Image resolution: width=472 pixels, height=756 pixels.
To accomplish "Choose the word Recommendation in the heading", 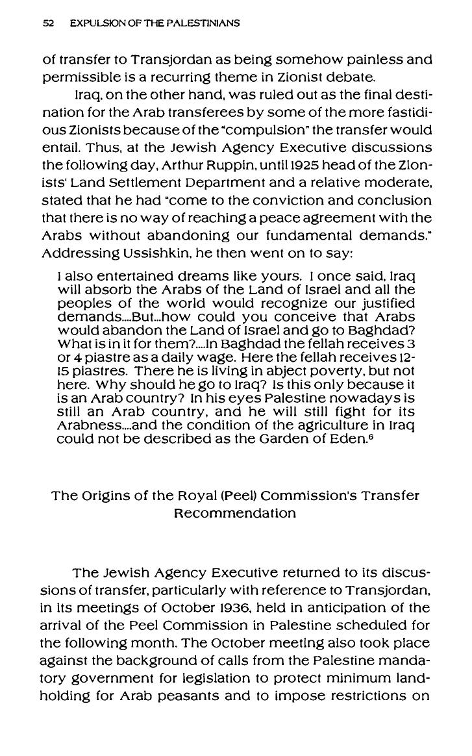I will (236, 513).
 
